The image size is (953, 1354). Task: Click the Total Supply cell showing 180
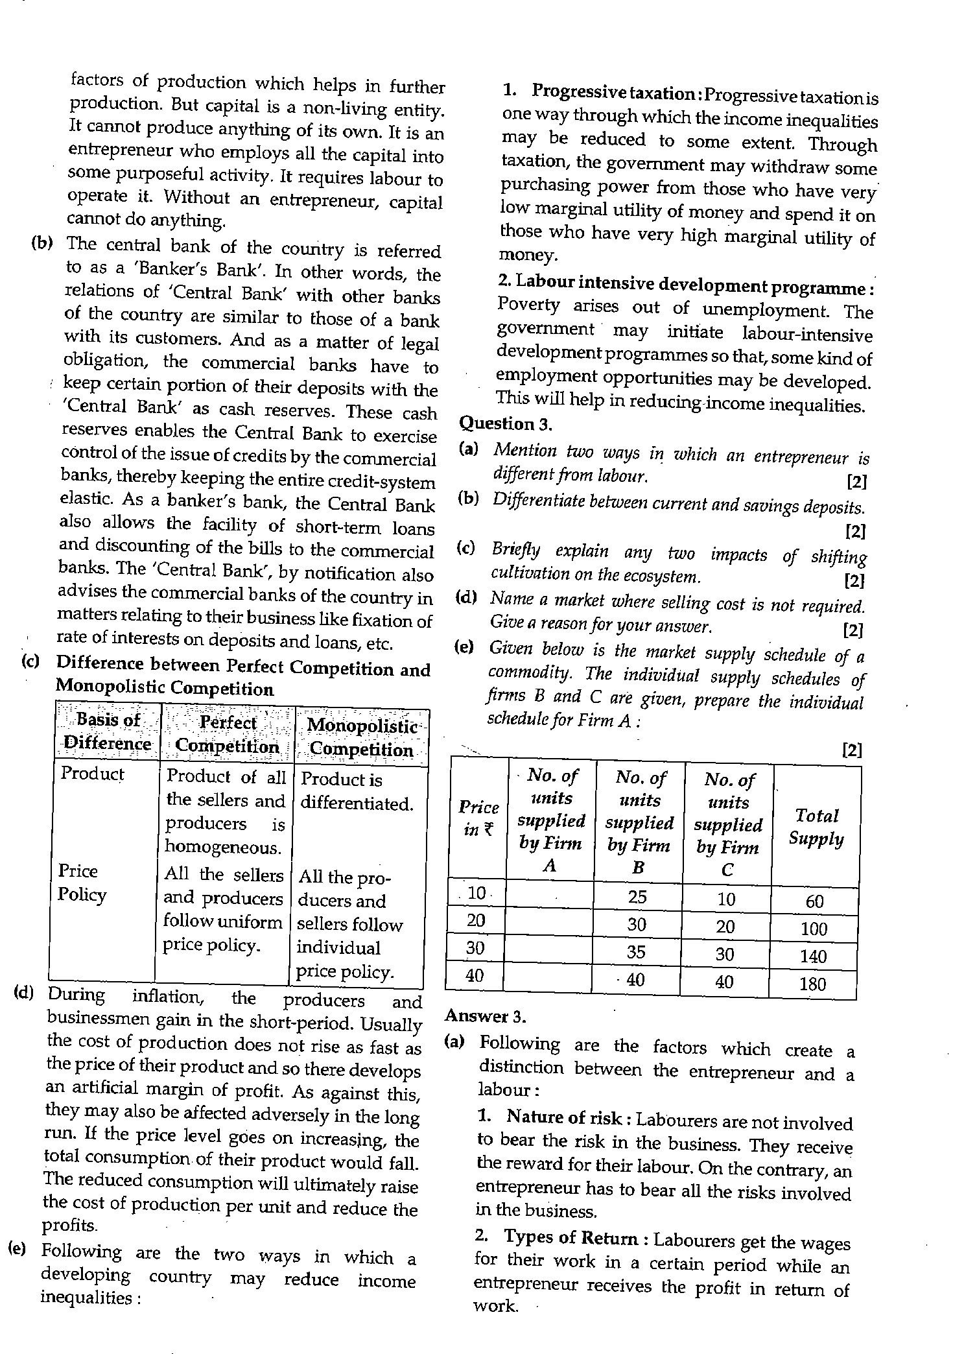812,984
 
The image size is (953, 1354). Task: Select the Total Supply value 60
814,901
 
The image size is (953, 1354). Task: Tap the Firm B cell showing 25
637,897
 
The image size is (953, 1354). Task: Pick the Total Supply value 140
813,956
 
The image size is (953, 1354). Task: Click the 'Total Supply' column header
816,827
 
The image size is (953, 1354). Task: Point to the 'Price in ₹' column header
478,818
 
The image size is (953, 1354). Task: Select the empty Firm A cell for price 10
548,896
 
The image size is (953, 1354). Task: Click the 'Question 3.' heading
505,424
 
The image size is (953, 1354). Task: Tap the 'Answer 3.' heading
486,1016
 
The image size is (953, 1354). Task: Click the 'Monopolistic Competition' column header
361,737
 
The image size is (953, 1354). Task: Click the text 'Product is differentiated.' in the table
357,791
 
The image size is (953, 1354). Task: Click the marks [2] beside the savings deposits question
855,531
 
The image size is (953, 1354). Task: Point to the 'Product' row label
91,774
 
